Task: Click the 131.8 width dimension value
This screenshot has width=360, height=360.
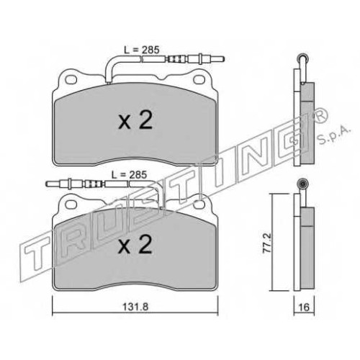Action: click(x=135, y=307)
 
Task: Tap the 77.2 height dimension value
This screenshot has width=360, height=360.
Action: click(x=267, y=243)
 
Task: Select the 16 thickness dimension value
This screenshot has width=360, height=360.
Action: click(x=305, y=307)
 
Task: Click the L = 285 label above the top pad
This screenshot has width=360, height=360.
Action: click(x=142, y=50)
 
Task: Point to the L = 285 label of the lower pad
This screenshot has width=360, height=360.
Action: click(x=129, y=175)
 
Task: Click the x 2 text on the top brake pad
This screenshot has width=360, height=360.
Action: click(x=135, y=120)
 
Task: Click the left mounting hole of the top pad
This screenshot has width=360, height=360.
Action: click(x=71, y=79)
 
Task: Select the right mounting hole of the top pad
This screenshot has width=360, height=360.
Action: click(x=199, y=79)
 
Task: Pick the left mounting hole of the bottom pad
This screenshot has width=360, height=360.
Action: click(x=71, y=204)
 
